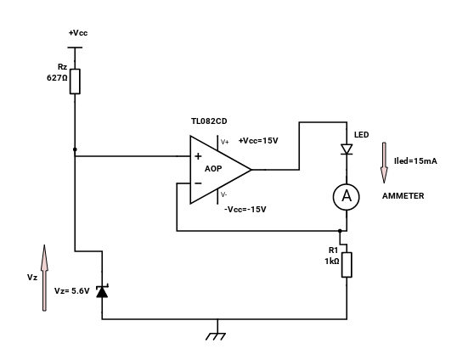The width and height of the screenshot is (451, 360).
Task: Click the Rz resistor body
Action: coord(75,82)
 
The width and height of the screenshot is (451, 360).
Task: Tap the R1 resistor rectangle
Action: coord(347,265)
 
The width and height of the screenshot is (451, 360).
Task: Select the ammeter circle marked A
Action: coord(347,197)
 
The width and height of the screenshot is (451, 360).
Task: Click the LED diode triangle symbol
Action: coord(347,149)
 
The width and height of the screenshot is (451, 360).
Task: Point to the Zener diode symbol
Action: coord(102,291)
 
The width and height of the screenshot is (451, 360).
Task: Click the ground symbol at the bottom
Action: coord(216,336)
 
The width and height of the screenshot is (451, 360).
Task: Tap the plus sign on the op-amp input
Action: coord(198,156)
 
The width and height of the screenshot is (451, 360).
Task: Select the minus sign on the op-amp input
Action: coord(198,183)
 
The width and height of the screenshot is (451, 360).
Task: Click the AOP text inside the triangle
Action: coord(213,169)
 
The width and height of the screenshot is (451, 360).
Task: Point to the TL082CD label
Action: coord(209,121)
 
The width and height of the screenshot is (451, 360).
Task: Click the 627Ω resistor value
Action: coord(57,78)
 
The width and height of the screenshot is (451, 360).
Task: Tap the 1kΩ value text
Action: coord(332,262)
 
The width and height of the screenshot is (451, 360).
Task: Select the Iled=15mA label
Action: coord(415,161)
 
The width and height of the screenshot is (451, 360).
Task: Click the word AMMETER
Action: coord(403,196)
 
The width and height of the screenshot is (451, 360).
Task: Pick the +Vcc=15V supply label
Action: coord(258,141)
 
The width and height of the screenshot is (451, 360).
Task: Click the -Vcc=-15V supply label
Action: coord(245,210)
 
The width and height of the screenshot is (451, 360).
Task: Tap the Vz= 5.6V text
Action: coord(72,291)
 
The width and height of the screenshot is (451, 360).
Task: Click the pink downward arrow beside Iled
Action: coord(384,163)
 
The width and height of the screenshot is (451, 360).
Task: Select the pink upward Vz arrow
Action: coord(44,278)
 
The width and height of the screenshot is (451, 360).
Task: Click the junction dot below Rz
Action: coord(75,149)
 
